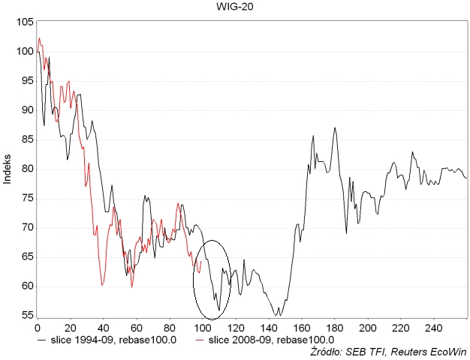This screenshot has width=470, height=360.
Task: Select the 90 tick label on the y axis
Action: tap(26, 110)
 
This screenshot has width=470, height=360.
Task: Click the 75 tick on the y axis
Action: tap(26, 198)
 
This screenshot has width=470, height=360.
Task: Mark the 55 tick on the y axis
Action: tap(26, 316)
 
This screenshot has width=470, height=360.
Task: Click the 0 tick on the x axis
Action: tap(37, 328)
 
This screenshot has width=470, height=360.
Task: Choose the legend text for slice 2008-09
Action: tap(270, 340)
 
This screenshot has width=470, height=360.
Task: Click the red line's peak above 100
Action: tap(39, 38)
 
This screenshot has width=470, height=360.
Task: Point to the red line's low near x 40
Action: tap(102, 285)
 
